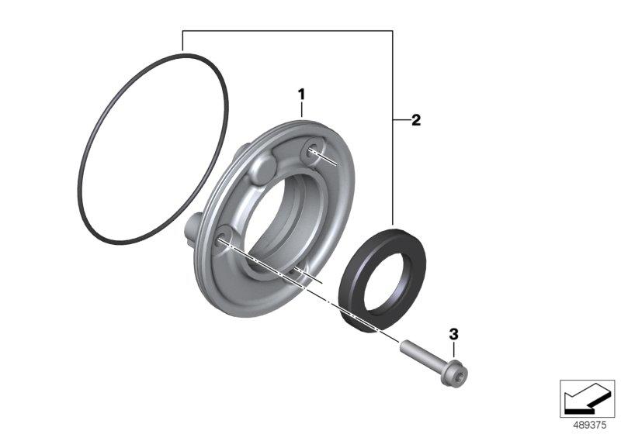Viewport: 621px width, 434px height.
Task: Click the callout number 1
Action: tap(301, 95)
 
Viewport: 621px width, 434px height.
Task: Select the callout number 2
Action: tap(416, 120)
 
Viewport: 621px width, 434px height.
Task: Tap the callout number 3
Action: tap(453, 334)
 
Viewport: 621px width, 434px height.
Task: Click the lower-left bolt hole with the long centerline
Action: tap(224, 238)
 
